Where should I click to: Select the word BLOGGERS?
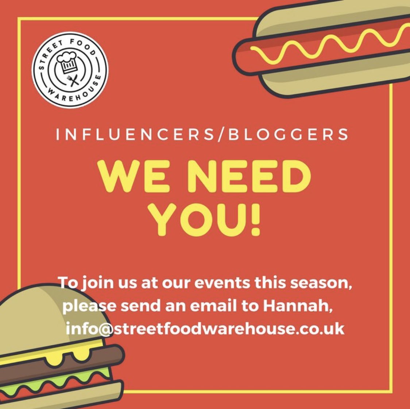click(288, 135)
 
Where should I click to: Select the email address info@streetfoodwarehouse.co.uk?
click(205, 328)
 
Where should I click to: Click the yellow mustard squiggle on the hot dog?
click(328, 46)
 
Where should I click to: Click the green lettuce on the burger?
click(55, 378)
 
